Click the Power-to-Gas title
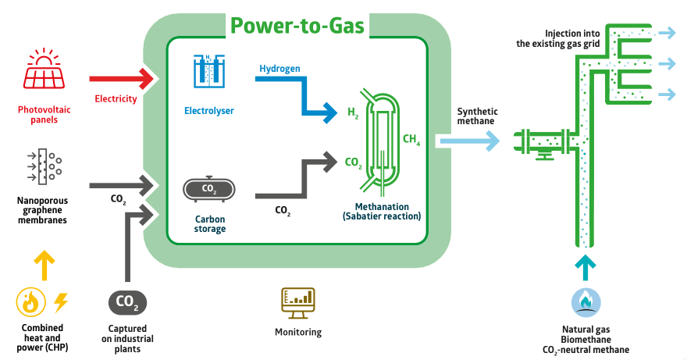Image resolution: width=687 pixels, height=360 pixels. (297, 25)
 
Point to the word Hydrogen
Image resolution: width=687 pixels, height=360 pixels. (279, 70)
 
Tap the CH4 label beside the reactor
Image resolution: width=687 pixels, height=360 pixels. (411, 141)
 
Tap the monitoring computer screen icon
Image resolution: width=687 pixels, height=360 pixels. (297, 302)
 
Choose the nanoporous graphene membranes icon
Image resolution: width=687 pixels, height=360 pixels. (44, 166)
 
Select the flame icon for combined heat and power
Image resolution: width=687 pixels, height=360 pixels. (31, 301)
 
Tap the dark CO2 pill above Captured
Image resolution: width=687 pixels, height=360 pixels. (127, 301)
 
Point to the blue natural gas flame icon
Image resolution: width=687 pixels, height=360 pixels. (585, 301)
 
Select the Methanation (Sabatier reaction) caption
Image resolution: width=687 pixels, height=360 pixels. (382, 212)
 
